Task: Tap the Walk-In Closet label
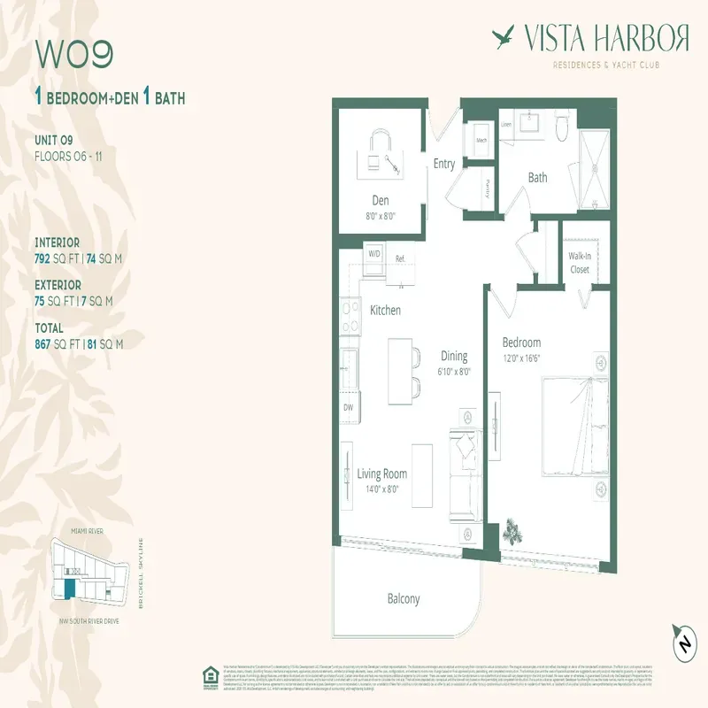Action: (x=580, y=262)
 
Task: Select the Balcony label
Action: (x=404, y=599)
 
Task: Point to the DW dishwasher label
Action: (x=349, y=408)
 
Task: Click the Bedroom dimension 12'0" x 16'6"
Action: (x=522, y=358)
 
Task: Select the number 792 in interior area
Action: (x=46, y=258)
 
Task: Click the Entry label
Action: (x=444, y=164)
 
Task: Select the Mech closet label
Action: (x=482, y=140)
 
